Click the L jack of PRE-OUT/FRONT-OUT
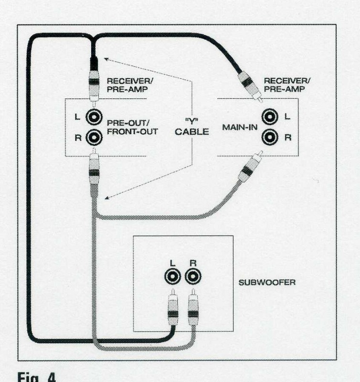(94, 116)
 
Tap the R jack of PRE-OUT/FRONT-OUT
(94, 138)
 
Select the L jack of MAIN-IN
(270, 116)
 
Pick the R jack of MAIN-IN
(270, 138)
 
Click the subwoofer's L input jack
(172, 276)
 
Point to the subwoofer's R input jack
(192, 276)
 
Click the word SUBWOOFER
(267, 282)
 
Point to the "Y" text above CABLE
(191, 120)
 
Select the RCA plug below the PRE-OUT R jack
(94, 170)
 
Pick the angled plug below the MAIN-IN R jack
(249, 169)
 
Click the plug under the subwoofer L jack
(172, 310)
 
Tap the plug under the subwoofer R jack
(193, 310)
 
